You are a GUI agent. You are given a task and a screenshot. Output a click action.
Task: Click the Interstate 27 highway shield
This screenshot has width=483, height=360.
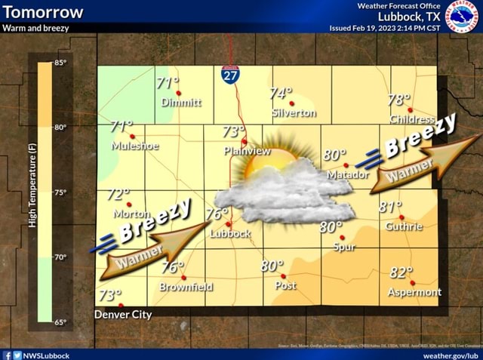pyautogui.click(x=230, y=73)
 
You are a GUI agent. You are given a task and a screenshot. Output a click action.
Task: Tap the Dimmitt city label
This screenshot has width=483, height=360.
pyautogui.click(x=181, y=103)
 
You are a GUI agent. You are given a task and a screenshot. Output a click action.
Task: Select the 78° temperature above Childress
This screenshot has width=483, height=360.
pyautogui.click(x=399, y=100)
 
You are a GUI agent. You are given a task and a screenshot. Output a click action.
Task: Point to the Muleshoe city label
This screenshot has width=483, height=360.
pyautogui.click(x=135, y=146)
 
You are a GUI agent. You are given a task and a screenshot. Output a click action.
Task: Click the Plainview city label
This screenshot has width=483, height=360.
pyautogui.click(x=248, y=151)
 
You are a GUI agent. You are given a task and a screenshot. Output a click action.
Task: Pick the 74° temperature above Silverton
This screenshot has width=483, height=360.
pyautogui.click(x=280, y=94)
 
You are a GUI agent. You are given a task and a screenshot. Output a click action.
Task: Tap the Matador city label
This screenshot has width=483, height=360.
pyautogui.click(x=349, y=174)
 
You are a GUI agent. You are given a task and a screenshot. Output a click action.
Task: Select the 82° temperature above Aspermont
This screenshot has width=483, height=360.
pyautogui.click(x=401, y=273)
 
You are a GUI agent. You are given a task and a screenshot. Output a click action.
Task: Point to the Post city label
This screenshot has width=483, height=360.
pyautogui.click(x=285, y=285)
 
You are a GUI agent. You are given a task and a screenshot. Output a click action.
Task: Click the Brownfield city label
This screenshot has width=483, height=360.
pyautogui.click(x=186, y=287)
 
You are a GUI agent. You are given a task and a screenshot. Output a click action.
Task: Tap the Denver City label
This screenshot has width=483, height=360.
pyautogui.click(x=123, y=314)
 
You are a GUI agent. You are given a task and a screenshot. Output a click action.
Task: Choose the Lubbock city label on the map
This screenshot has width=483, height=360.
pyautogui.click(x=230, y=233)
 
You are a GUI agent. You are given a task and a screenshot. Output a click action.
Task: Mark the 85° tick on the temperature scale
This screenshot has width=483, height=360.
pyautogui.click(x=61, y=63)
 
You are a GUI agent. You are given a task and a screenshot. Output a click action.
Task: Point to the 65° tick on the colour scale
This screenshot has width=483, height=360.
pyautogui.click(x=60, y=322)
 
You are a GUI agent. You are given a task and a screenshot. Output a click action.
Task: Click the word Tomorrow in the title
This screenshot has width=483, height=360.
pyautogui.click(x=43, y=12)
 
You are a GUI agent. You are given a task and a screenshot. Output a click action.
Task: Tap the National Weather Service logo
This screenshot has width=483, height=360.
pyautogui.click(x=462, y=16)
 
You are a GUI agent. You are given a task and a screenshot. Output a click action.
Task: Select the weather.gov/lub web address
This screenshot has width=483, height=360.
pyautogui.click(x=451, y=355)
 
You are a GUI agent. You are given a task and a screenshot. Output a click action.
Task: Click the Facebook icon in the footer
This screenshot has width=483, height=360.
pyautogui.click(x=7, y=355)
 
